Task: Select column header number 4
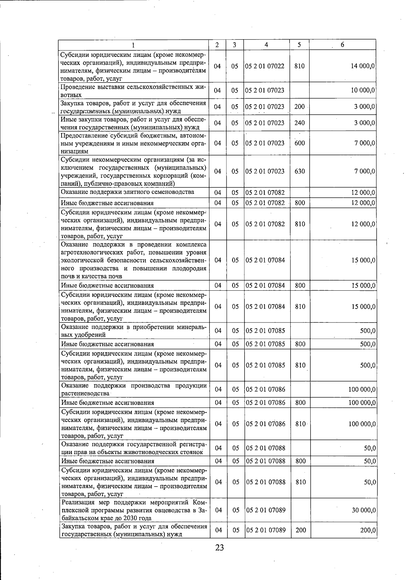tap(267, 45)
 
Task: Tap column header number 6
tap(342, 45)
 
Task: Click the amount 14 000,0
tap(362, 66)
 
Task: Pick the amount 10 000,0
tap(362, 90)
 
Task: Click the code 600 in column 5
tap(299, 143)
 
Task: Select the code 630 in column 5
tap(299, 171)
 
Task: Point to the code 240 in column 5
tap(299, 123)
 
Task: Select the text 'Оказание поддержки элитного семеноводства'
tap(127, 192)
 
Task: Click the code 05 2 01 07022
tap(265, 66)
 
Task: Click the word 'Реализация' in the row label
tap(78, 502)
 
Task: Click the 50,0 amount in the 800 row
tap(369, 461)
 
